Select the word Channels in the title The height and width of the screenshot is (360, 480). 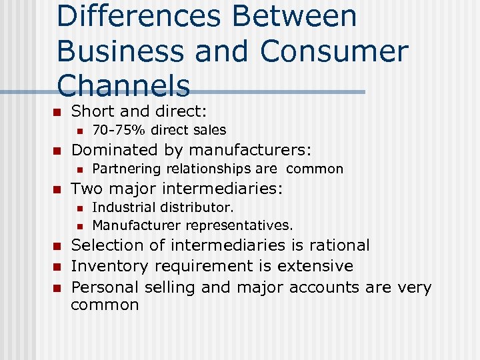pos(123,86)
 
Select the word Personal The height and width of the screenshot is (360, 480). pos(103,287)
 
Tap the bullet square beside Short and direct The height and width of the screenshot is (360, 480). pos(57,111)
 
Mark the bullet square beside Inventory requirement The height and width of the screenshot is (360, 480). pos(57,267)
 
